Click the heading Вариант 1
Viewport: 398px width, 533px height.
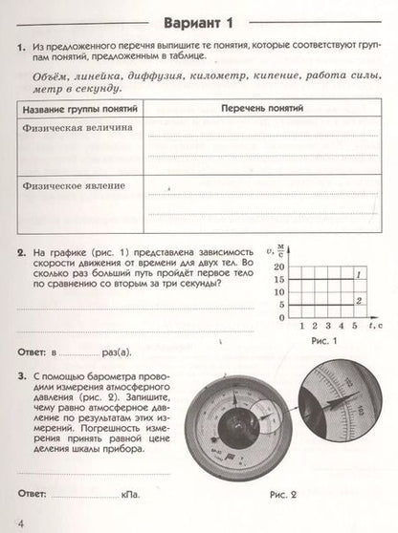pyautogui.click(x=198, y=23)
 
